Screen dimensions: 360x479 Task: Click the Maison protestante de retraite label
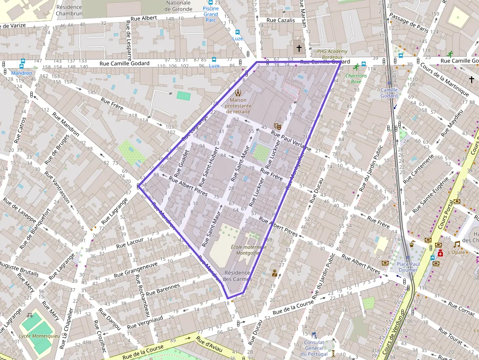point(238,105)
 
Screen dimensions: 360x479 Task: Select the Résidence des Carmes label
point(237,276)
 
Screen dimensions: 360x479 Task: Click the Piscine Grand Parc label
point(211,14)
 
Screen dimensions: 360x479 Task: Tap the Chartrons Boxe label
point(357,78)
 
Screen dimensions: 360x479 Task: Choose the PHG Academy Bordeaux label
point(332,54)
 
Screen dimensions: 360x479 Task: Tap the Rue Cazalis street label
point(281,21)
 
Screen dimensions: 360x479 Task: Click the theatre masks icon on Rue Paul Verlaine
point(277,126)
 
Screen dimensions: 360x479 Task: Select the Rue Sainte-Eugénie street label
point(431,195)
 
